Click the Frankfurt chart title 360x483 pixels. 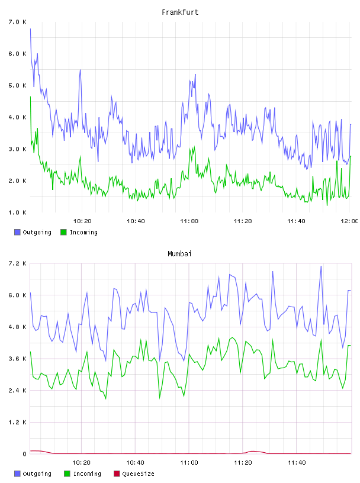coord(180,12)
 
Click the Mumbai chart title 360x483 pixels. coord(179,253)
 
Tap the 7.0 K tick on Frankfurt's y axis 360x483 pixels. coord(18,22)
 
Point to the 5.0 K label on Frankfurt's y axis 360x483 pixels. coord(18,85)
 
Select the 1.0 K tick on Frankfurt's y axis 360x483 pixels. coord(18,212)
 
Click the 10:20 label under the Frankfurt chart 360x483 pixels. coord(82,221)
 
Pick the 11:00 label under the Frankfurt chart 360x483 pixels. coord(189,221)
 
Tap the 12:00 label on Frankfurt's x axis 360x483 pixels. coord(349,221)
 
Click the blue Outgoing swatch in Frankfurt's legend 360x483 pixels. coord(17,232)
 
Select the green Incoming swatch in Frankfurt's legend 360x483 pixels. coord(63,232)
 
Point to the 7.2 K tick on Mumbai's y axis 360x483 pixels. coord(18,263)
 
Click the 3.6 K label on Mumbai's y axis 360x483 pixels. coord(18,359)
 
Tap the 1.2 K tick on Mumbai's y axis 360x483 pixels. coord(18,422)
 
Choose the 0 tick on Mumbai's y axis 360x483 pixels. coord(25,454)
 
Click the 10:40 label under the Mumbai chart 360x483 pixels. coord(136,462)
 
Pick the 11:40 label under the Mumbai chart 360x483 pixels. coord(297,462)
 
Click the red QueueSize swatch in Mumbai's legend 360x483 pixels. coord(117,474)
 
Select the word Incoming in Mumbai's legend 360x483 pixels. coord(87,474)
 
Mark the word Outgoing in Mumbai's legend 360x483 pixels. coord(37,474)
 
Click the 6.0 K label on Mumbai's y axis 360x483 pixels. coord(18,295)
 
